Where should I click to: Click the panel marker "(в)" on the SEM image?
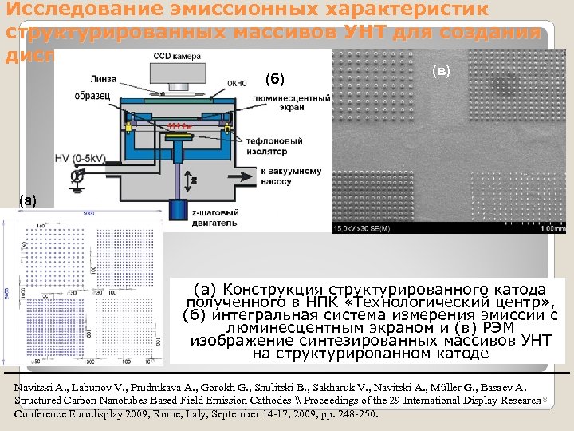441,70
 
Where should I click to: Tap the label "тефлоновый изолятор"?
275,146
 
